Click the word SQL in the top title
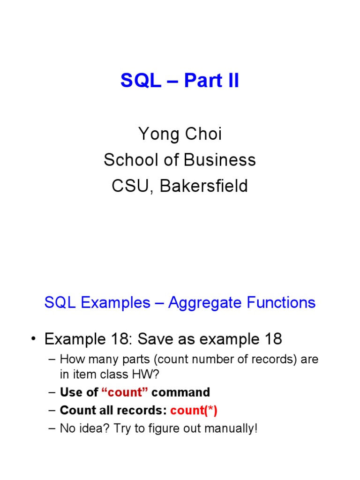click(138, 81)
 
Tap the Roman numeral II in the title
click(231, 81)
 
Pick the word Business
click(220, 160)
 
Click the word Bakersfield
click(203, 186)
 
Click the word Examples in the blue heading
click(115, 303)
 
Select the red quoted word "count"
click(125, 392)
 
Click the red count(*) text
click(194, 411)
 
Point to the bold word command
click(180, 392)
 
